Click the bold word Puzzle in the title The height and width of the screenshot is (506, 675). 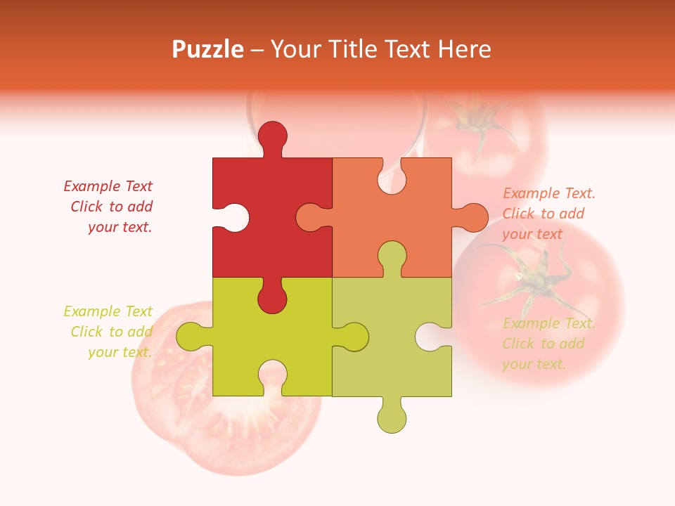click(208, 49)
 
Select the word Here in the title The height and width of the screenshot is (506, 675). click(463, 49)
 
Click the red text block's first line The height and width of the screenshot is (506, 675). click(108, 186)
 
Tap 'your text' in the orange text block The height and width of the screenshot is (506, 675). click(532, 234)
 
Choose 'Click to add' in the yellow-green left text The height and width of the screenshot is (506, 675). click(111, 332)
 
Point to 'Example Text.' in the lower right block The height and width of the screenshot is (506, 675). click(549, 323)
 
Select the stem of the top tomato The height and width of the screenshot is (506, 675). click(478, 119)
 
